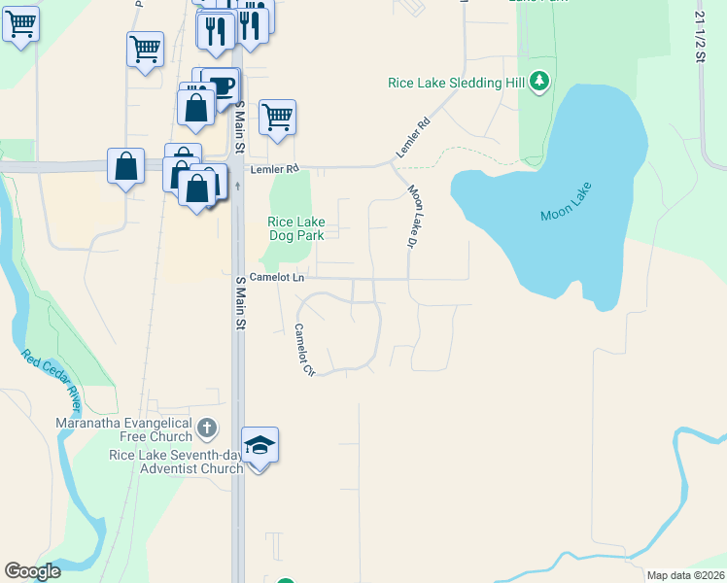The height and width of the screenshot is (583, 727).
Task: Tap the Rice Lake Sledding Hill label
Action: coord(457,83)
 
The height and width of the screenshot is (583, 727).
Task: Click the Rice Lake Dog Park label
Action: coord(296,228)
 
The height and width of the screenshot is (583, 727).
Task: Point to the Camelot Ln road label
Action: coord(277,278)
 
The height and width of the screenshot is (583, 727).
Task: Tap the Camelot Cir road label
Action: coord(305,349)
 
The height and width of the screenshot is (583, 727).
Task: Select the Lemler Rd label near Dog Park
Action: coord(273,169)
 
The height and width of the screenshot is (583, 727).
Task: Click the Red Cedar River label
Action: coord(52,381)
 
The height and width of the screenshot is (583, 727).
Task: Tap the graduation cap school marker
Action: coord(260,445)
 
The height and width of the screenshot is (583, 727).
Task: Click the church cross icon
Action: coord(207,428)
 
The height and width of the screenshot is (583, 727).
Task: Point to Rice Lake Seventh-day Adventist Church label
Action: coord(176,462)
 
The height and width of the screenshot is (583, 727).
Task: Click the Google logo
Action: coord(32,571)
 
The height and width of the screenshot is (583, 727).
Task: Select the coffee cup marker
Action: coord(222,85)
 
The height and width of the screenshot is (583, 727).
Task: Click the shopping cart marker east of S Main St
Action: coord(278,118)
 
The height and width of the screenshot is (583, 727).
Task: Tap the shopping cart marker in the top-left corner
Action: coord(20,24)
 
